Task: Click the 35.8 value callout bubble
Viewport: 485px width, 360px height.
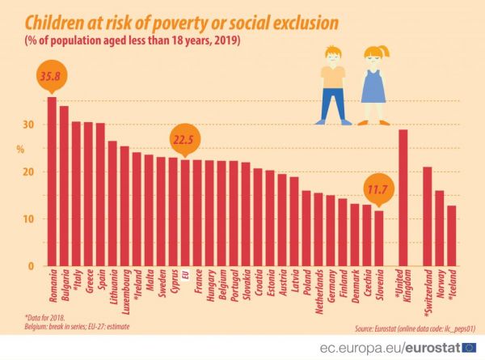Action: coord(50,78)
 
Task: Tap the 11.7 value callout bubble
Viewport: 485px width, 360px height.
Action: coord(378,190)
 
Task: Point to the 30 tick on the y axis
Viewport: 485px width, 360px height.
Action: coord(28,125)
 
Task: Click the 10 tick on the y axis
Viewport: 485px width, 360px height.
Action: coord(28,219)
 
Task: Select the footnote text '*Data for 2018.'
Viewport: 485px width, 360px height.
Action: coord(38,318)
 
